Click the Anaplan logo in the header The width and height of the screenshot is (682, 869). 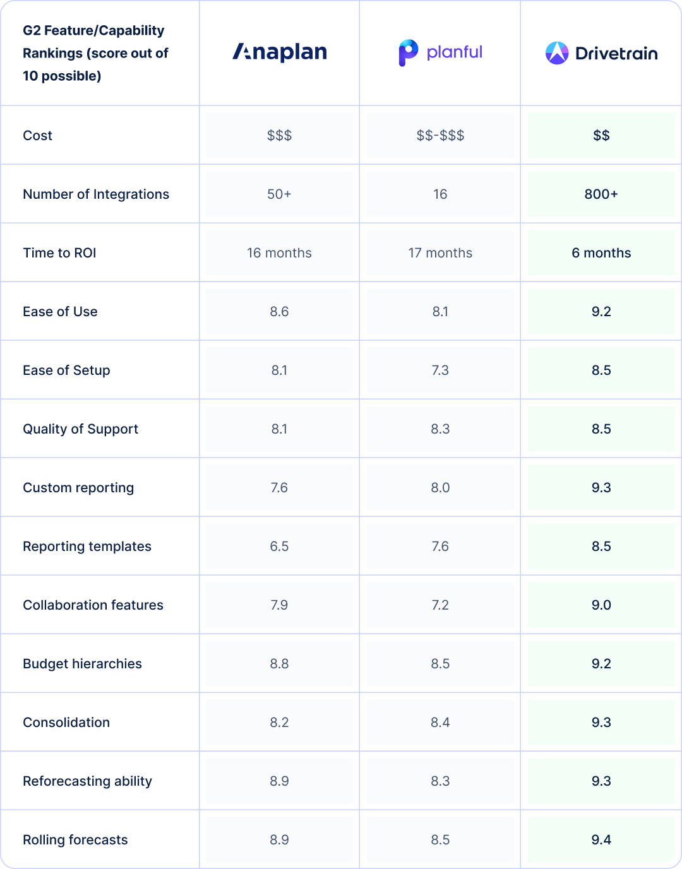tap(280, 52)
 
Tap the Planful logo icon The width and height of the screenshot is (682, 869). tap(408, 52)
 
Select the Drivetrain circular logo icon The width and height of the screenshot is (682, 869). tap(557, 53)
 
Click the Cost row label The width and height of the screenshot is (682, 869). tap(38, 136)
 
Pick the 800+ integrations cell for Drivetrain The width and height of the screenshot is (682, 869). tap(601, 194)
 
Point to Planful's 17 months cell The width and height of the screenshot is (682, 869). tap(440, 253)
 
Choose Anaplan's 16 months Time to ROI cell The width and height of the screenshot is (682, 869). tap(279, 253)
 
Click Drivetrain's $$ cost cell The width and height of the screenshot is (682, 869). tap(601, 136)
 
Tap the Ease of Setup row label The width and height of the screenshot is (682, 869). tap(66, 370)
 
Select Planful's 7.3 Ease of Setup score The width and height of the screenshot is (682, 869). tap(440, 370)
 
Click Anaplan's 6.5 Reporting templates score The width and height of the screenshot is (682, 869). tap(279, 547)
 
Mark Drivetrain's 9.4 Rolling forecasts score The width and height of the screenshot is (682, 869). tap(601, 840)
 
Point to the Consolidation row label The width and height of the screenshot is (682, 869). tap(66, 723)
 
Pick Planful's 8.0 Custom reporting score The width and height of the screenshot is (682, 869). tap(440, 488)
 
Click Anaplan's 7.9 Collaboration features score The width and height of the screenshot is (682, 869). tap(279, 605)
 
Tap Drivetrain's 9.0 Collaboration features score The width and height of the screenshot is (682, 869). tap(601, 605)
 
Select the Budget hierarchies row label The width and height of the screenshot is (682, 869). tap(82, 664)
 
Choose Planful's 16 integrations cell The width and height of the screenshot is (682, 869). tap(440, 194)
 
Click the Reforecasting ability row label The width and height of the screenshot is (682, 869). tap(87, 781)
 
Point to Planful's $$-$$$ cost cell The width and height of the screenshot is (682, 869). tap(440, 136)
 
